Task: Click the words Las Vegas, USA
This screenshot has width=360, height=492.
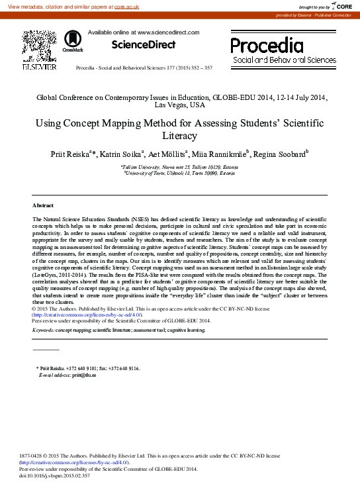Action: click(180, 105)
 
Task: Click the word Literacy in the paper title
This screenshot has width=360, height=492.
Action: click(180, 136)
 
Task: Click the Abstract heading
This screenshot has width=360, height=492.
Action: click(44, 206)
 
